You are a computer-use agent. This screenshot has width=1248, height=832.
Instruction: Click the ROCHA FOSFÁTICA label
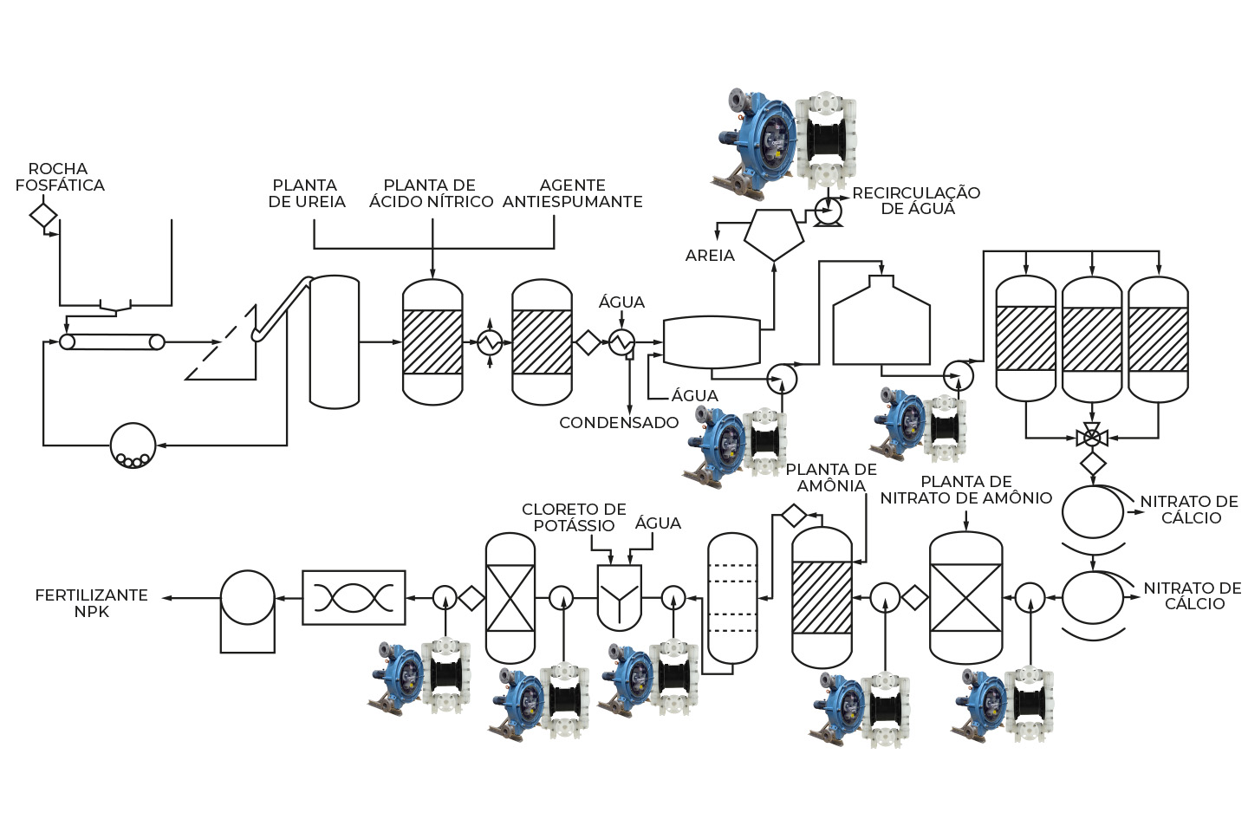pyautogui.click(x=60, y=177)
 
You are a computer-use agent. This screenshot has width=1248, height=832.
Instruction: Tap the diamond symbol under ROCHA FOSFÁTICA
pyautogui.click(x=43, y=216)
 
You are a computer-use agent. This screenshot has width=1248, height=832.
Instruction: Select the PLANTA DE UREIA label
pyautogui.click(x=307, y=193)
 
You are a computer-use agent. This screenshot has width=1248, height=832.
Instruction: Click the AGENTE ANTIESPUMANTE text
pyautogui.click(x=572, y=193)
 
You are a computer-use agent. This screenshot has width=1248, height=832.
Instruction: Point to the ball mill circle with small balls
pyautogui.click(x=133, y=445)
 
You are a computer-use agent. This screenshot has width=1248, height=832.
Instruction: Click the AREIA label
pyautogui.click(x=710, y=256)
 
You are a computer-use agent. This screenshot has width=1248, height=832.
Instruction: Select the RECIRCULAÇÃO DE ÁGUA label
pyautogui.click(x=916, y=200)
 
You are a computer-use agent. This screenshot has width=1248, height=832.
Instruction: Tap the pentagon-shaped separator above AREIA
pyautogui.click(x=774, y=235)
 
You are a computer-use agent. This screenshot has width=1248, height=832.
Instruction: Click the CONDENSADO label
pyautogui.click(x=619, y=423)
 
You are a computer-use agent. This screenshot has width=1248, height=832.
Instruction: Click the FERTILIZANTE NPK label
pyautogui.click(x=91, y=603)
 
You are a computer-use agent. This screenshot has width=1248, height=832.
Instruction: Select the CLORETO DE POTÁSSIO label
pyautogui.click(x=574, y=517)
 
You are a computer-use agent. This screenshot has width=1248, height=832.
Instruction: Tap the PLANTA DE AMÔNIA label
pyautogui.click(x=831, y=478)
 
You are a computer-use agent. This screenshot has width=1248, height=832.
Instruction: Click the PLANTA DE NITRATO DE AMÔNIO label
pyautogui.click(x=966, y=490)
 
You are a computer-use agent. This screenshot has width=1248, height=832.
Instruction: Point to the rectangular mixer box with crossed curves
pyautogui.click(x=354, y=597)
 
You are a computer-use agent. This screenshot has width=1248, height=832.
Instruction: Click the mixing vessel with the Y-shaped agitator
pyautogui.click(x=619, y=598)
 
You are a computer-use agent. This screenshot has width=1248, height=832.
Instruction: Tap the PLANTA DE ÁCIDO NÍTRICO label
pyautogui.click(x=431, y=193)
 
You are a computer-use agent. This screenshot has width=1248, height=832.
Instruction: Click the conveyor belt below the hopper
pyautogui.click(x=112, y=341)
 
